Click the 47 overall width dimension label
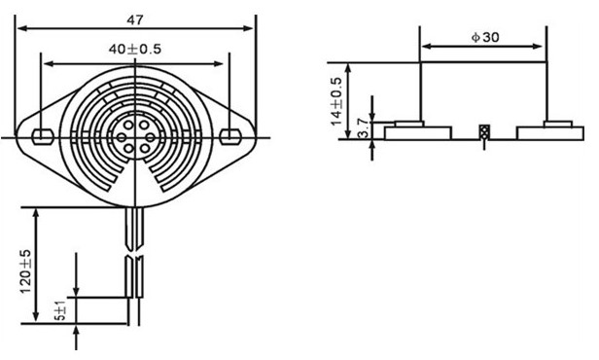coord(135,19)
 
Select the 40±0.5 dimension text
coord(135,49)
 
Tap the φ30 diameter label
coord(485,37)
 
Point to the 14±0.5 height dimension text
coord(336,101)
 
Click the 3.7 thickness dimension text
coord(364,128)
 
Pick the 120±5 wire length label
coord(25,271)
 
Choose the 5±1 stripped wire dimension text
coord(61,310)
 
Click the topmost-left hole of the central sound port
coord(128,125)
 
